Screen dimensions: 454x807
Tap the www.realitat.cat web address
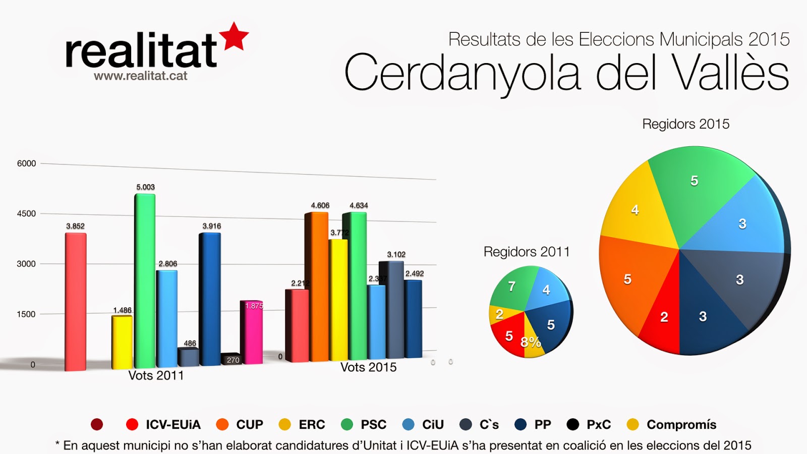pyautogui.click(x=140, y=76)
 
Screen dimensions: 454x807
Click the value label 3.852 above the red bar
pyautogui.click(x=75, y=226)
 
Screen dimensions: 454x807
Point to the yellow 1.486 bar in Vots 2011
pyautogui.click(x=122, y=342)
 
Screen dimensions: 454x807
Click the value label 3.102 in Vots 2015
pyautogui.click(x=396, y=254)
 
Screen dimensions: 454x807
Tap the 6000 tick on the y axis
pyautogui.click(x=26, y=163)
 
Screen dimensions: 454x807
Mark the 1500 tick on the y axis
pyautogui.click(x=26, y=314)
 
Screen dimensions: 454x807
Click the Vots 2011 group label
pyautogui.click(x=156, y=375)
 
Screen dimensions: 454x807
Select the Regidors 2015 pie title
pyautogui.click(x=685, y=124)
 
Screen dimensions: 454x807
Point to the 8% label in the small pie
pyautogui.click(x=531, y=343)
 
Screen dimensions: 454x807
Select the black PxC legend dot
pyautogui.click(x=572, y=425)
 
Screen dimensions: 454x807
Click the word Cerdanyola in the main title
pyautogui.click(x=462, y=73)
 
